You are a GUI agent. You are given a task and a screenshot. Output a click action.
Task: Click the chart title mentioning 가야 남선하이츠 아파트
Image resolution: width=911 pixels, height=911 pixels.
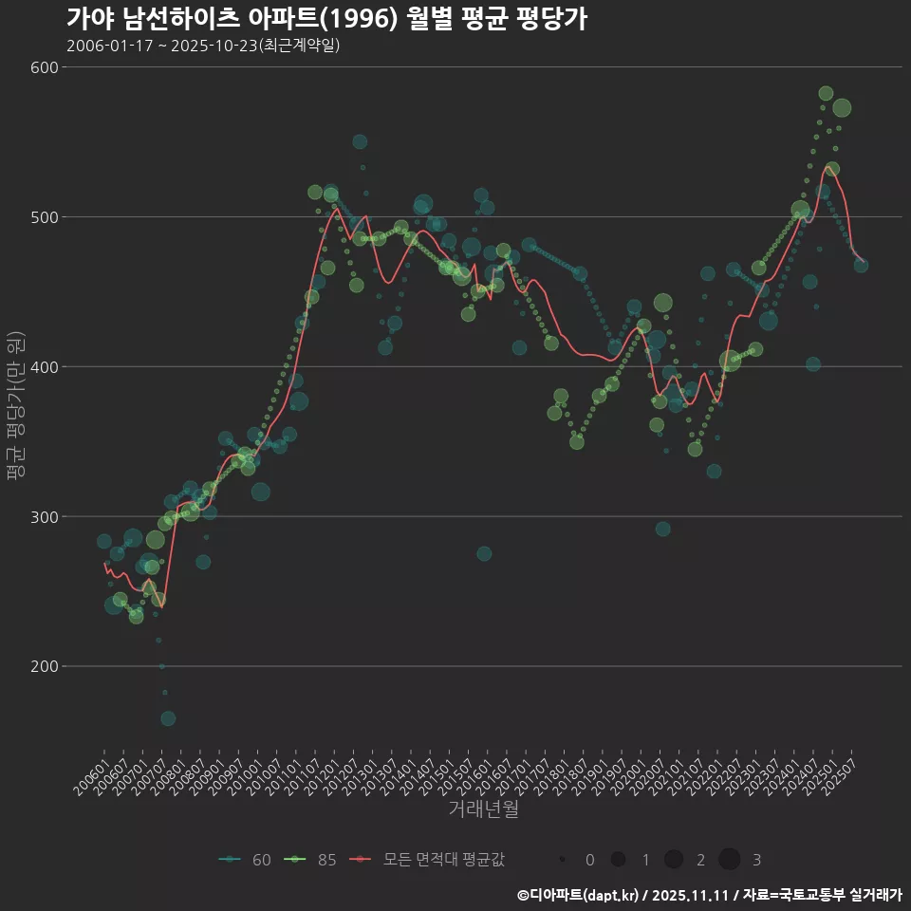tap(326, 19)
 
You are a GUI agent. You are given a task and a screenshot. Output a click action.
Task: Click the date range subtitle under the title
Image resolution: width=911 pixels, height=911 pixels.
tap(203, 46)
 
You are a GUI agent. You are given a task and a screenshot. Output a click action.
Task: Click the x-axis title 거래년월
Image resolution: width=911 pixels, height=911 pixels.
tap(483, 809)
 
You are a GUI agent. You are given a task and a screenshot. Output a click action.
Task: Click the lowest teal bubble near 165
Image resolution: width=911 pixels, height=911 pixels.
tap(168, 718)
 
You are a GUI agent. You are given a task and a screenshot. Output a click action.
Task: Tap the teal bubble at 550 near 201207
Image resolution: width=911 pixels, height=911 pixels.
tap(360, 141)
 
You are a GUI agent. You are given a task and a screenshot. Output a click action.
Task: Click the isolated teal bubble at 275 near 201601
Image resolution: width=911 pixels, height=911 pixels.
tap(484, 553)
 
